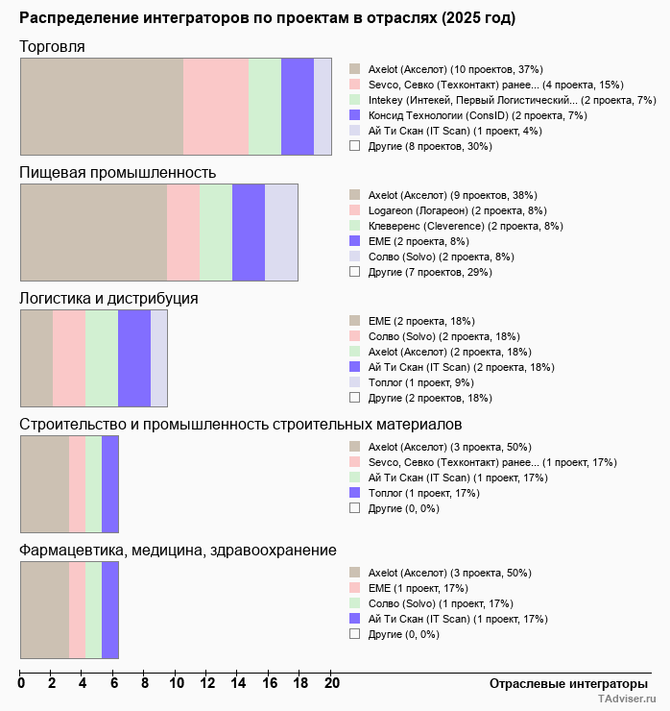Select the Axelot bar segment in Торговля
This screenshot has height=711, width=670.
point(102,106)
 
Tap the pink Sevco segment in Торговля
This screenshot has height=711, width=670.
point(216,106)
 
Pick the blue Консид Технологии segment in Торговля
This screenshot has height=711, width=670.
point(298,106)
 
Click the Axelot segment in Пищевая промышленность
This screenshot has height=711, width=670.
point(93,232)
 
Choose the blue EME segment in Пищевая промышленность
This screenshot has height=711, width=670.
point(249,232)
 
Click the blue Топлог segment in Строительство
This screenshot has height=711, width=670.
point(110,483)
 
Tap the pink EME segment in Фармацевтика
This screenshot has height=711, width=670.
point(77,610)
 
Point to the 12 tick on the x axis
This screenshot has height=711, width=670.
point(207,684)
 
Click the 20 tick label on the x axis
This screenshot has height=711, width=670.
point(331,684)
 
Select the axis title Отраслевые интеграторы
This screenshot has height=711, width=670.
point(568,683)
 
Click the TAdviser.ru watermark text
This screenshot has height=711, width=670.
point(626,699)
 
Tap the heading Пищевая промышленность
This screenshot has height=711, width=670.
point(117,173)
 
